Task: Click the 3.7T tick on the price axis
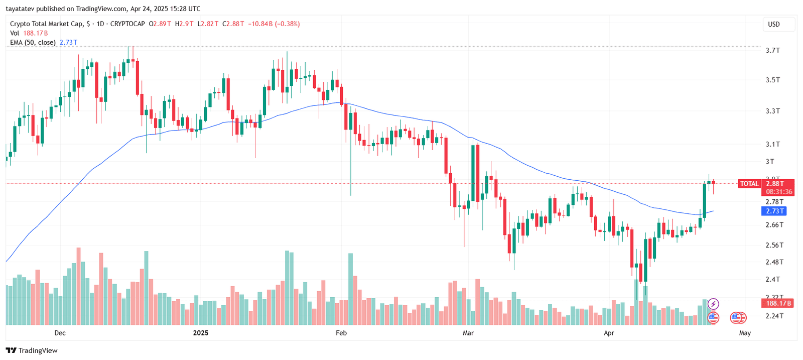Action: (x=772, y=50)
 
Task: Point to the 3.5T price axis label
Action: (x=772, y=80)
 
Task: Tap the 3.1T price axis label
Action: (x=772, y=144)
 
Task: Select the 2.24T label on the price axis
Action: (x=774, y=316)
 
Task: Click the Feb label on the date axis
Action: (x=341, y=333)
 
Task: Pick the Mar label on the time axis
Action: (x=468, y=333)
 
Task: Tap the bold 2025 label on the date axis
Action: (x=201, y=333)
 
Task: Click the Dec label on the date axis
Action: (x=60, y=333)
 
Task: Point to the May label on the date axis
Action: (x=745, y=333)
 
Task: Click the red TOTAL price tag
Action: (x=749, y=184)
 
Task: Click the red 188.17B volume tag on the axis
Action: (x=778, y=303)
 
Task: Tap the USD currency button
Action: (x=774, y=24)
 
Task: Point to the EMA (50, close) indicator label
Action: (x=33, y=43)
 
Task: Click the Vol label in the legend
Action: (x=15, y=33)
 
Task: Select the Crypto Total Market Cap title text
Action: (x=46, y=24)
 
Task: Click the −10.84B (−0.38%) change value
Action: (x=274, y=24)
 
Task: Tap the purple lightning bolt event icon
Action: (x=713, y=304)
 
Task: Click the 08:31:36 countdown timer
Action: (x=779, y=192)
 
